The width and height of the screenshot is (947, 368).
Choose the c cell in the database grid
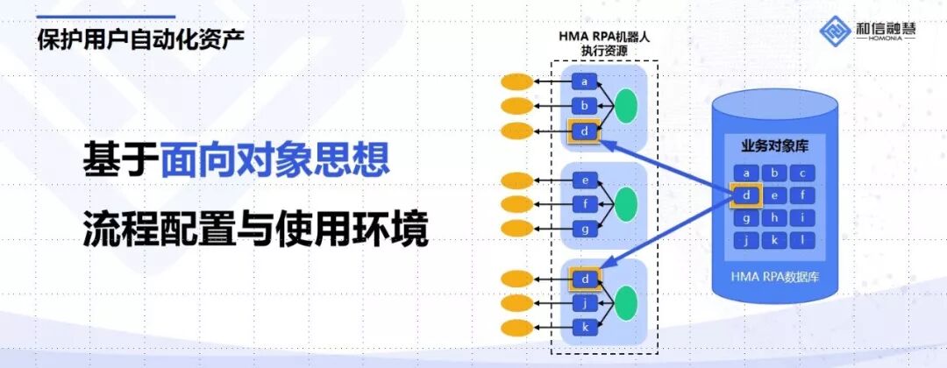803,173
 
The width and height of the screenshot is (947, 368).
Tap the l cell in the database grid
803,240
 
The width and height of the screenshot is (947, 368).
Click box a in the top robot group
584,82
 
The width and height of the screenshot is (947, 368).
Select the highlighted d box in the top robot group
584,131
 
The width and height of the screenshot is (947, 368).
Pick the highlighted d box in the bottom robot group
584,280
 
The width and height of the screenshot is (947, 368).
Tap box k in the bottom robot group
584,327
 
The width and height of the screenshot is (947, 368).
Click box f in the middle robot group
584,205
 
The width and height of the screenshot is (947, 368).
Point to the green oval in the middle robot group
625,204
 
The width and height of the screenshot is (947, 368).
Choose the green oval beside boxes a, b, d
625,107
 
